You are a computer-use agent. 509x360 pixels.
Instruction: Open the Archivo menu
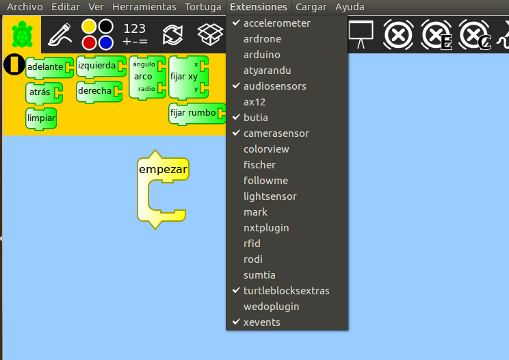click(25, 7)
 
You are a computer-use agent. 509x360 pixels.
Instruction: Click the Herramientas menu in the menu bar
click(144, 7)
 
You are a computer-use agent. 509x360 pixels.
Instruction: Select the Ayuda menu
click(350, 7)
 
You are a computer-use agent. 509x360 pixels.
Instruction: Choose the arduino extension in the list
click(261, 55)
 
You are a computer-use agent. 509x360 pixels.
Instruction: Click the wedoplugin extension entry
click(272, 307)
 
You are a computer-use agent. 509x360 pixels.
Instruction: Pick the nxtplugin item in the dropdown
click(266, 228)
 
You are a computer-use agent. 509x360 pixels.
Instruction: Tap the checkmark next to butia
click(236, 117)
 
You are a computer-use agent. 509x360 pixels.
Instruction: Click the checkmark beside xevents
click(236, 322)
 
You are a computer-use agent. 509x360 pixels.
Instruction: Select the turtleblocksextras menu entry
click(286, 290)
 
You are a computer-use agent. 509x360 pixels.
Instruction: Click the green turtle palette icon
click(22, 35)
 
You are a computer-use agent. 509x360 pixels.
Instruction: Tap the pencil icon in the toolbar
click(60, 35)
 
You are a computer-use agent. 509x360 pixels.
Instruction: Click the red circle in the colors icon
click(89, 43)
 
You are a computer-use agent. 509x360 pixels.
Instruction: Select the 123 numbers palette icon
click(135, 34)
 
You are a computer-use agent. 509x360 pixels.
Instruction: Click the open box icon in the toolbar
click(210, 34)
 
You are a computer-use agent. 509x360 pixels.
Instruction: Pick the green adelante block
click(49, 67)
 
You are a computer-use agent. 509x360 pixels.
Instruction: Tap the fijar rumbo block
click(197, 114)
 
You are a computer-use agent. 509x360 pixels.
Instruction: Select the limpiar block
click(41, 118)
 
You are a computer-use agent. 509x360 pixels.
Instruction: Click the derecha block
click(99, 91)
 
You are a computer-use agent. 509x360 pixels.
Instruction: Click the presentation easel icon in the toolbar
click(361, 34)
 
